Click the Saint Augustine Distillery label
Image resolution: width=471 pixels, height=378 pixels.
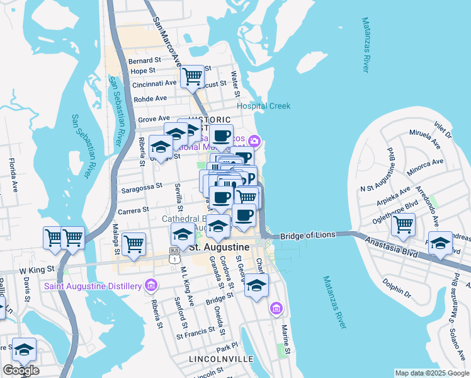(x=92, y=287)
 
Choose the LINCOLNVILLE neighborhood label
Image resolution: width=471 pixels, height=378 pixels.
(x=220, y=358)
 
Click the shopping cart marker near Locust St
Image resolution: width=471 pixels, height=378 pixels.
(x=192, y=77)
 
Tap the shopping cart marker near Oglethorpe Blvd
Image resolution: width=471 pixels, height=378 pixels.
(x=402, y=224)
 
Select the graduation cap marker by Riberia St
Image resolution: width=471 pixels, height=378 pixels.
(x=161, y=147)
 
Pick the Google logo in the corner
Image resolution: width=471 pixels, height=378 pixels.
(x=21, y=370)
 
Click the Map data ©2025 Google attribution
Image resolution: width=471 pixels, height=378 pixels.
(x=433, y=373)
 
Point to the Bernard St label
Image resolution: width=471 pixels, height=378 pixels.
(x=145, y=61)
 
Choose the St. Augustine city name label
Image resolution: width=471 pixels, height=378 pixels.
(x=221, y=246)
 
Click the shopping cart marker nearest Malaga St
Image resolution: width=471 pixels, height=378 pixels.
(x=133, y=244)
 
